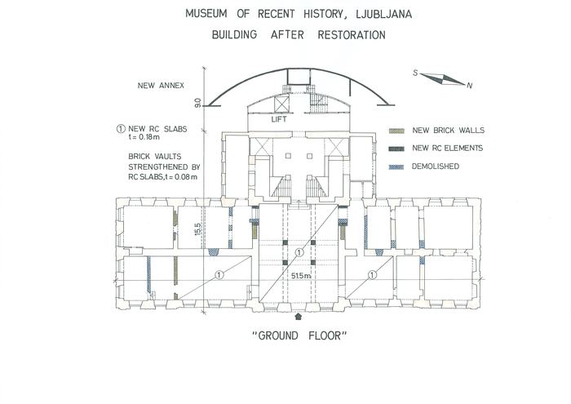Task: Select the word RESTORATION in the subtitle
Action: tap(352, 35)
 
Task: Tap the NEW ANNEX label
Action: tap(161, 86)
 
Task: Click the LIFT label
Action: tap(279, 119)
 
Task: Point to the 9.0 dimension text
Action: tap(197, 103)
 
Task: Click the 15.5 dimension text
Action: tap(197, 229)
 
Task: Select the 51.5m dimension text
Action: tap(301, 276)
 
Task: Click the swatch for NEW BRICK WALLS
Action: tap(396, 131)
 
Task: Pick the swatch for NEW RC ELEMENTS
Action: tap(396, 149)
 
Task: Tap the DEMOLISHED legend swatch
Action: tap(396, 166)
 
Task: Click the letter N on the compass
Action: tap(470, 86)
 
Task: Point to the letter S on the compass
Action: tap(415, 73)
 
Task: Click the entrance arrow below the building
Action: tap(299, 317)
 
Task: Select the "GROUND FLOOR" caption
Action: tap(299, 335)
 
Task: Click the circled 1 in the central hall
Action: tap(299, 252)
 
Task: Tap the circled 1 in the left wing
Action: tap(219, 275)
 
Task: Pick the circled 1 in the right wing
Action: tap(372, 275)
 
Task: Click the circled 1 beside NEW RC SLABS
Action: tap(121, 129)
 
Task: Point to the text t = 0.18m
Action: tap(144, 137)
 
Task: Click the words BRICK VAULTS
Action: tap(154, 157)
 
